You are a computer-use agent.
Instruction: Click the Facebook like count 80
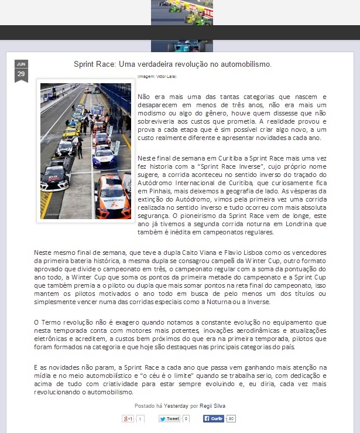pos(231,419)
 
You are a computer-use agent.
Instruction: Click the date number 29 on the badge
pos(21,74)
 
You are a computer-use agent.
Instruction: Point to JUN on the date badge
pos(21,64)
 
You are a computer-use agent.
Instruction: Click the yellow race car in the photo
pos(71,131)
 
